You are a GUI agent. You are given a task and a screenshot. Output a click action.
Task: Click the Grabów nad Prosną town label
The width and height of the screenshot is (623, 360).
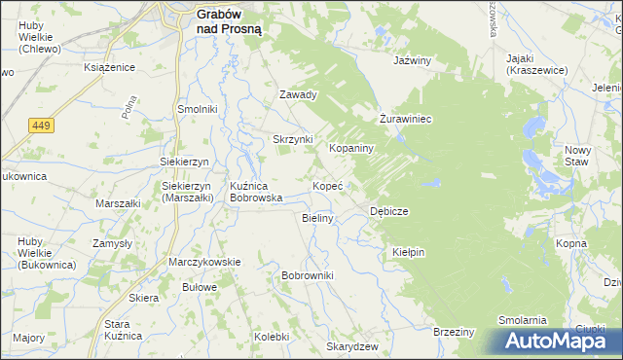coord(235,22)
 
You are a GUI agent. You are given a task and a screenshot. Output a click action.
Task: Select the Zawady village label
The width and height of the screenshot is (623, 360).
coord(299,95)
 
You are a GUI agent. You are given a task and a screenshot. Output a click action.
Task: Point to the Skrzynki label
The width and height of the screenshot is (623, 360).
coord(292,139)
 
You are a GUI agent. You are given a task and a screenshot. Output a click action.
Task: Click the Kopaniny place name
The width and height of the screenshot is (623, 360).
coord(351,149)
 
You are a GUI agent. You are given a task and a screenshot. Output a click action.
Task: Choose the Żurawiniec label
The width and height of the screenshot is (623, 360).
coord(405,119)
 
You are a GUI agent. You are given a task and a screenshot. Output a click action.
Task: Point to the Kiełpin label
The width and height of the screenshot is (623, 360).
coord(409,251)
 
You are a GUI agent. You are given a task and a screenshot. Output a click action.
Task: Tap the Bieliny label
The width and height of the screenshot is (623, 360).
coord(318,218)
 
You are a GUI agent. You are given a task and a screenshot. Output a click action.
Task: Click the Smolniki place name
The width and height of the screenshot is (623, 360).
coord(197,109)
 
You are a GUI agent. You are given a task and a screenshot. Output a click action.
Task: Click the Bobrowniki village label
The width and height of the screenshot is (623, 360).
coord(308,276)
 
